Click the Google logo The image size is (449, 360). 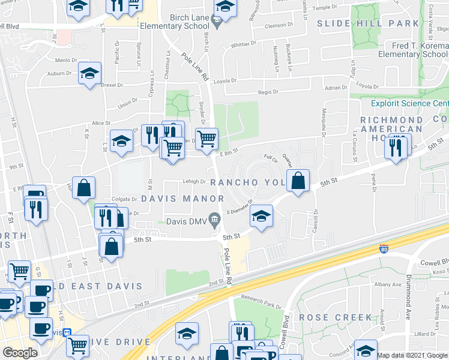click(20, 353)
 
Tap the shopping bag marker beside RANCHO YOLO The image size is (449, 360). click(298, 180)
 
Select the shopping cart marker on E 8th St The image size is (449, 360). click(206, 139)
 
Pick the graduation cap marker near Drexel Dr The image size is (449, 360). click(90, 74)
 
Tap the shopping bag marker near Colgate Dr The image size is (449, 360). click(84, 187)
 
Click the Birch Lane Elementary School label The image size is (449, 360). click(175, 22)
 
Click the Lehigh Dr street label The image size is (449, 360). click(194, 181)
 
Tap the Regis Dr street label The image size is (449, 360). click(268, 92)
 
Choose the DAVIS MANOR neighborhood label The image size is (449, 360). click(182, 199)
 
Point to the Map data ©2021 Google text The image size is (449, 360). click(412, 355)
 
